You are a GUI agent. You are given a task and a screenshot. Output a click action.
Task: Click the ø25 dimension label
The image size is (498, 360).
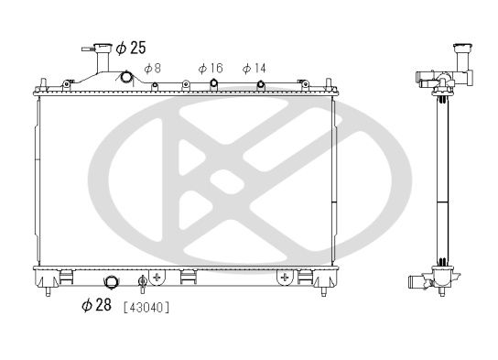(x=130, y=47)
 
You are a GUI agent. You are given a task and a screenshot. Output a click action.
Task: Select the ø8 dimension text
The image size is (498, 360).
(x=153, y=68)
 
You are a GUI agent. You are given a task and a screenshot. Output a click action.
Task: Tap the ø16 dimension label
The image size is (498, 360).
(x=211, y=68)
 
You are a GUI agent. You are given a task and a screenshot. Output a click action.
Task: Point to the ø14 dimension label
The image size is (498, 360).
(x=254, y=68)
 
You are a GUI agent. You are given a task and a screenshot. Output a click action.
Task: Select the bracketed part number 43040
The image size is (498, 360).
(x=146, y=306)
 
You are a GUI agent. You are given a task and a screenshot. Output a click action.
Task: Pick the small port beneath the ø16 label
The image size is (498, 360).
(x=212, y=85)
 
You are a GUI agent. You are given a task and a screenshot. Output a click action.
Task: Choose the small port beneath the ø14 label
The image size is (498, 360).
(x=261, y=85)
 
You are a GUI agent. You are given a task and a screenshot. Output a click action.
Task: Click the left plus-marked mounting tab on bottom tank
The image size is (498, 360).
(x=157, y=275)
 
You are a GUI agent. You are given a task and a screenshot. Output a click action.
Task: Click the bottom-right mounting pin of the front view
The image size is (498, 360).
(x=321, y=292)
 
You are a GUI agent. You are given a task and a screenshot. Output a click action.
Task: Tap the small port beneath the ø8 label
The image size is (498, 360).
(x=155, y=85)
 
